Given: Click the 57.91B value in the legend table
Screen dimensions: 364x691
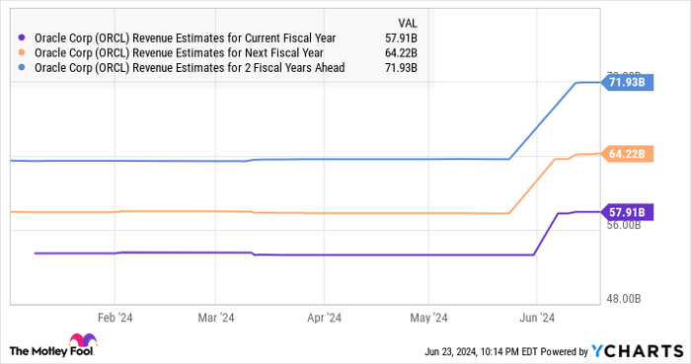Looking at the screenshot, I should pyautogui.click(x=401, y=39).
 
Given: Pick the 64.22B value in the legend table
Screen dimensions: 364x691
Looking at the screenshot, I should pyautogui.click(x=401, y=53).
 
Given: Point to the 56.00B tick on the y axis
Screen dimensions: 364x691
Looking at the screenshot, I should pyautogui.click(x=626, y=226).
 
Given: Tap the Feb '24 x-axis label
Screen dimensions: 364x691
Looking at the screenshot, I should pyautogui.click(x=115, y=318).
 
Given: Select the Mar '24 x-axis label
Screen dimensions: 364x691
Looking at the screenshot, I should pyautogui.click(x=214, y=318).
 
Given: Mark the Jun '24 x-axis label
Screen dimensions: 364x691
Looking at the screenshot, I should pyautogui.click(x=535, y=318).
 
